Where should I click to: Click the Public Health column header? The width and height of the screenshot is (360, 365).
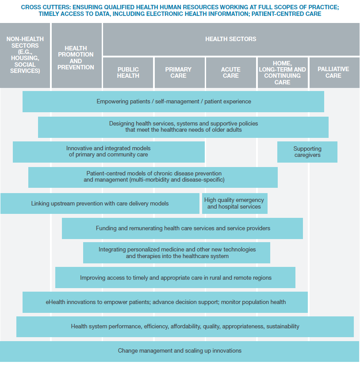pyautogui.click(x=128, y=72)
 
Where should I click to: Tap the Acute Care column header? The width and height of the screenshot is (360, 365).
pyautogui.click(x=230, y=72)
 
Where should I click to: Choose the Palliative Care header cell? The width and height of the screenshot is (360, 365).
pyautogui.click(x=333, y=72)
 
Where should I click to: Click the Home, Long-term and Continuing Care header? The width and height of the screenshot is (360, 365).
pyautogui.click(x=282, y=72)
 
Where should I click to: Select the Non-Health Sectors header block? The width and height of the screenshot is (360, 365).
pyautogui.click(x=25, y=55)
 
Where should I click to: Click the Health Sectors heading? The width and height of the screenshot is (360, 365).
pyautogui.click(x=230, y=39)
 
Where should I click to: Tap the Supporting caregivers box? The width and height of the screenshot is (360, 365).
pyautogui.click(x=307, y=152)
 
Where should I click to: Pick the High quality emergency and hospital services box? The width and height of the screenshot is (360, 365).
pyautogui.click(x=234, y=203)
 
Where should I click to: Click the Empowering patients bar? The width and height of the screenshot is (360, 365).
pyautogui.click(x=173, y=102)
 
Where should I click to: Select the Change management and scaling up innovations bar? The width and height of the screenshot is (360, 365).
pyautogui.click(x=180, y=351)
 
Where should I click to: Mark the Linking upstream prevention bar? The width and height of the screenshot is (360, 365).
pyautogui.click(x=100, y=204)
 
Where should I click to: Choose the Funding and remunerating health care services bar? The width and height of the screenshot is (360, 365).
pyautogui.click(x=183, y=228)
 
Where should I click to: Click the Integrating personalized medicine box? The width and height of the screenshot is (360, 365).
pyautogui.click(x=177, y=253)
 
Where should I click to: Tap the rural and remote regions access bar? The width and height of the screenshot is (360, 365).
pyautogui.click(x=176, y=278)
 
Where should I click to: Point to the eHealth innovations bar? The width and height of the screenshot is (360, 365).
pyautogui.click(x=165, y=302)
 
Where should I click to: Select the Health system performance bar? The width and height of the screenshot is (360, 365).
pyautogui.click(x=185, y=327)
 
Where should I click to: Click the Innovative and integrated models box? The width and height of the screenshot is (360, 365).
pyautogui.click(x=108, y=152)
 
